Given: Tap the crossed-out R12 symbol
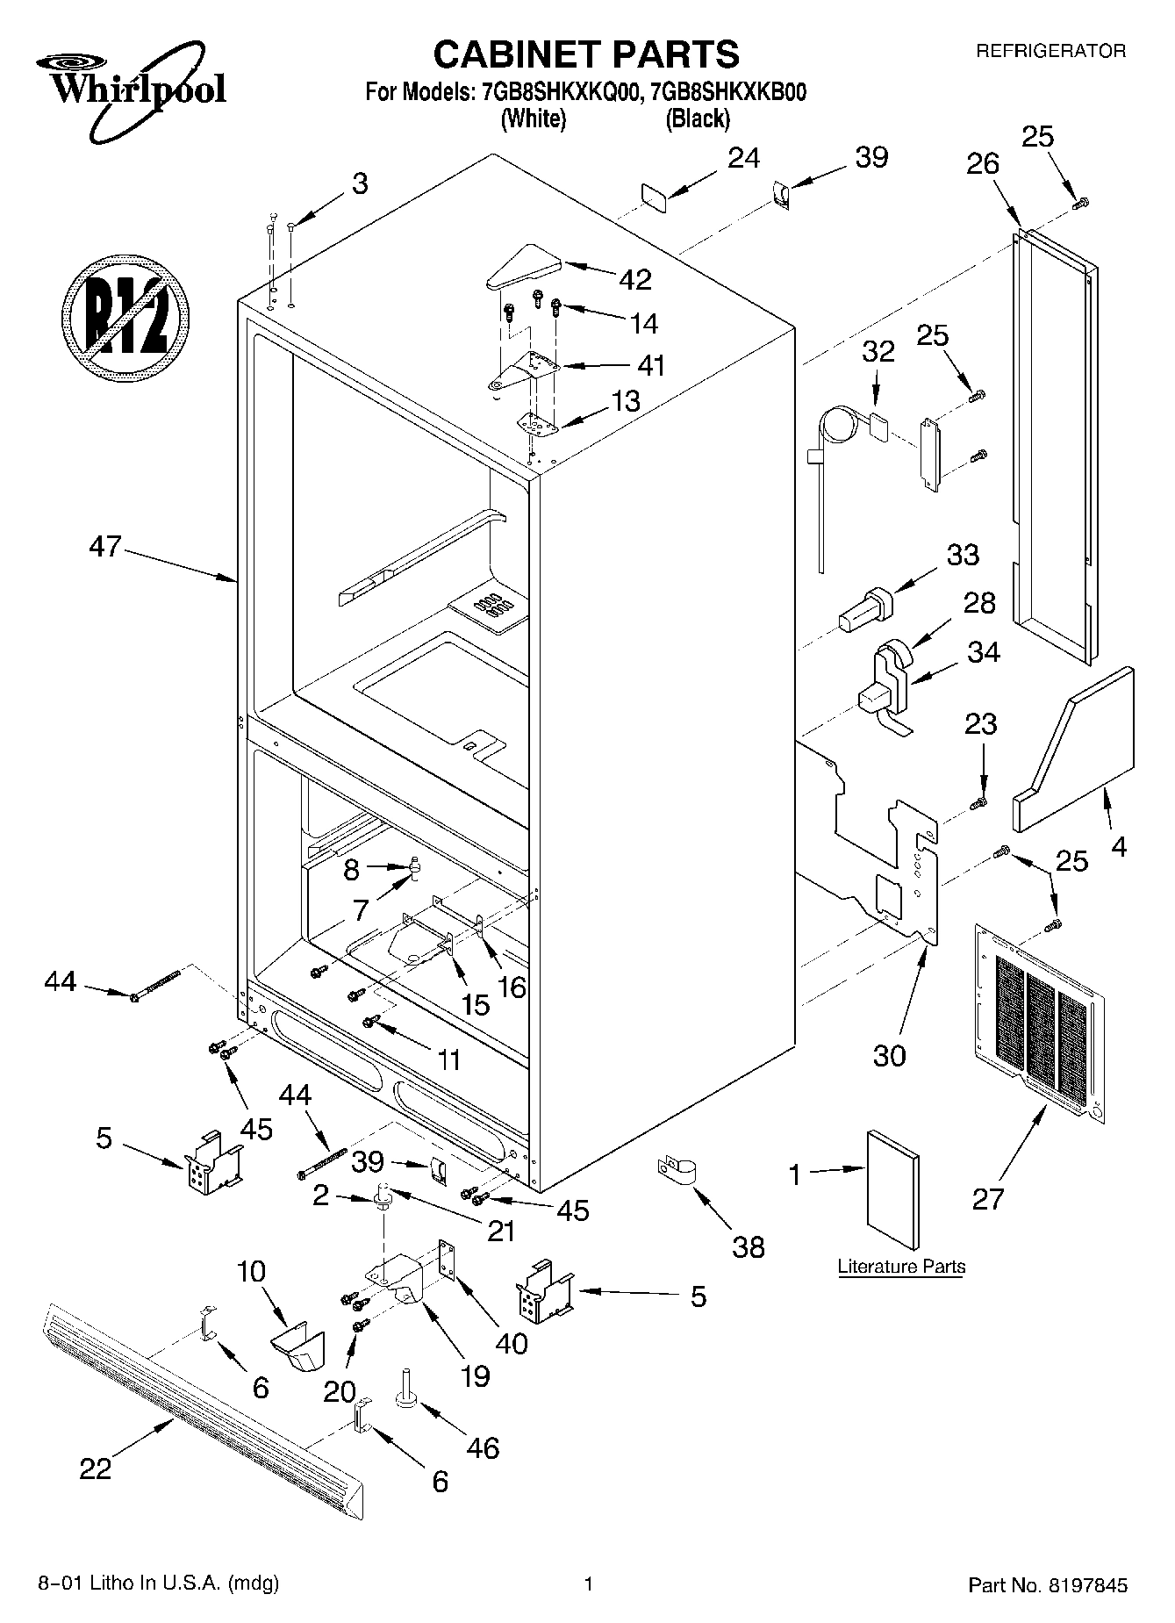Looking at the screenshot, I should (x=126, y=317).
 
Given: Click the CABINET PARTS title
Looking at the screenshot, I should (x=586, y=54).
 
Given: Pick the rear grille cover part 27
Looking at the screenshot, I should (x=1039, y=1021).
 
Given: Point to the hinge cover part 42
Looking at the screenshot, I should (x=525, y=266).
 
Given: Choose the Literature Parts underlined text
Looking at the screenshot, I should (x=901, y=1267).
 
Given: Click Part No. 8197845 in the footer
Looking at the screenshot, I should (x=1047, y=1585).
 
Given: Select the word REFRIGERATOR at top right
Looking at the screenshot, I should (x=1050, y=51).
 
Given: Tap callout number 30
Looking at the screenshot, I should (x=889, y=1055).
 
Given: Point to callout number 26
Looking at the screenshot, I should (x=983, y=163).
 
